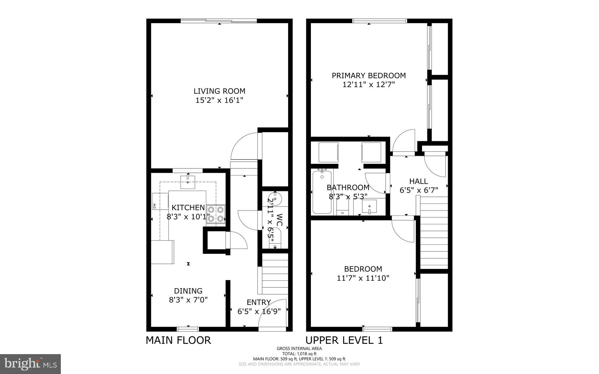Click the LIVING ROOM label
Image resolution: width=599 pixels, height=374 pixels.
tap(219, 91)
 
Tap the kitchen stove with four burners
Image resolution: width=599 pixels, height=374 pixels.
tap(216, 214)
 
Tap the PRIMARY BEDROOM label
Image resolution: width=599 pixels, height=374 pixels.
tap(369, 76)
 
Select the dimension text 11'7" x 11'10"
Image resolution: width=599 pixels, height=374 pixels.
tap(363, 278)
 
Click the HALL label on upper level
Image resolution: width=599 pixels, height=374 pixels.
tap(419, 181)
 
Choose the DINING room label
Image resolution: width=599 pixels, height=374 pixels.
tap(188, 291)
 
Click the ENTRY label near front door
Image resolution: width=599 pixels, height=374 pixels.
tap(259, 302)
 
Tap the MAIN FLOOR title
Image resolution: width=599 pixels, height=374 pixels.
tap(178, 340)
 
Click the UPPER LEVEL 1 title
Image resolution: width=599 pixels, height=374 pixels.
tap(344, 340)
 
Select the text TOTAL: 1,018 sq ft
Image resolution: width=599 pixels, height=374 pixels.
tap(299, 354)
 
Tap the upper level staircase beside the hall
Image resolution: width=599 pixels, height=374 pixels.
tap(434, 232)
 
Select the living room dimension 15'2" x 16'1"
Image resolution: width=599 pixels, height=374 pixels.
tap(219, 100)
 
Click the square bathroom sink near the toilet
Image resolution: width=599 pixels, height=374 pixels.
tap(369, 206)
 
